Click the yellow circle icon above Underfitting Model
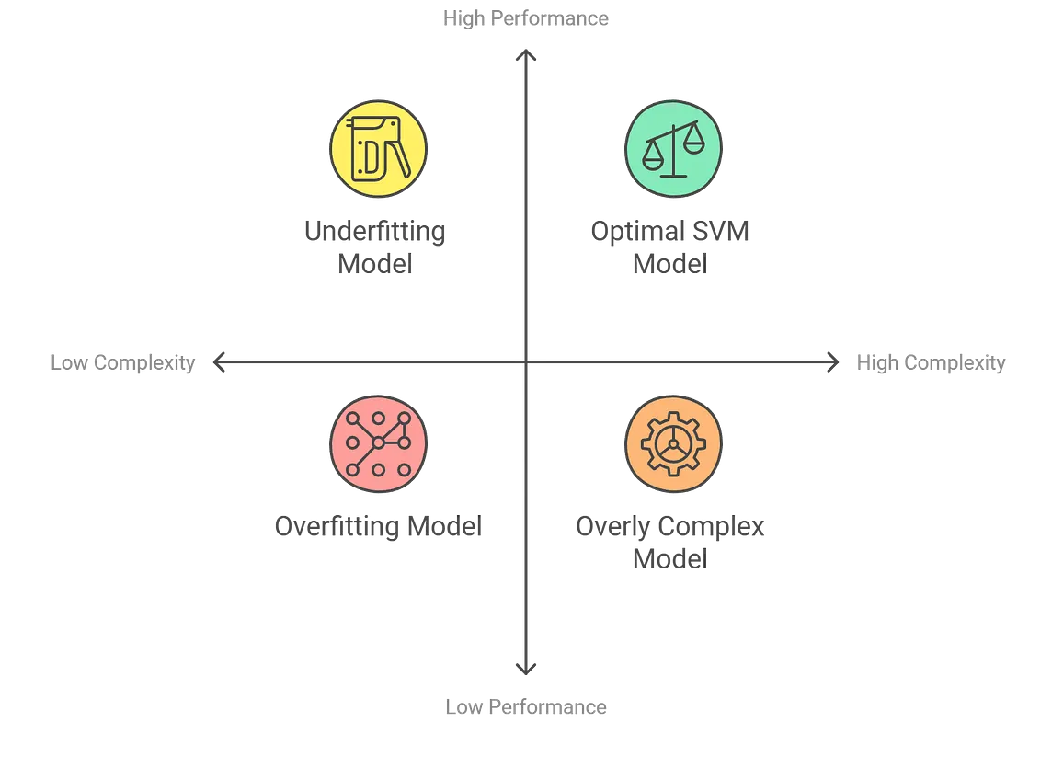coord(378,148)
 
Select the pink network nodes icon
coord(378,443)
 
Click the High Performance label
coord(525,17)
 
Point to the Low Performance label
coord(525,707)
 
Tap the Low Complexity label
coord(120,364)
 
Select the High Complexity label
coord(931,364)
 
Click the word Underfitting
coord(375,230)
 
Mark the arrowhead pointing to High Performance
coord(526,58)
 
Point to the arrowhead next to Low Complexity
coord(217,364)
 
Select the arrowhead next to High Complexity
coord(833,364)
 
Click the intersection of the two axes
coord(526,365)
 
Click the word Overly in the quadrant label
coord(608,527)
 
